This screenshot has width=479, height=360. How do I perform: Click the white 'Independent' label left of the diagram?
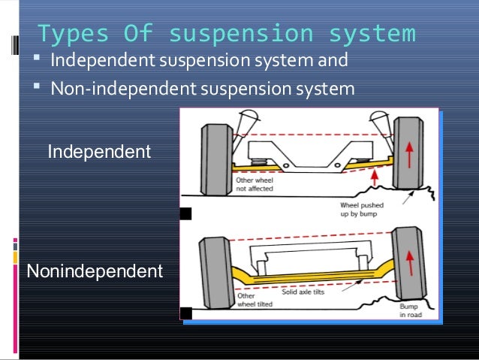point(99,152)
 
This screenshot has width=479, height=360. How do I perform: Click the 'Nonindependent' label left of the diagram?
point(95,271)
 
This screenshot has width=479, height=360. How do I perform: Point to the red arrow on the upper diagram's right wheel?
point(409,155)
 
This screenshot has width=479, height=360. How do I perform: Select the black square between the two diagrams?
point(185,214)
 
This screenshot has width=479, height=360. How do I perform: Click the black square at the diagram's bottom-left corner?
point(185,313)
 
